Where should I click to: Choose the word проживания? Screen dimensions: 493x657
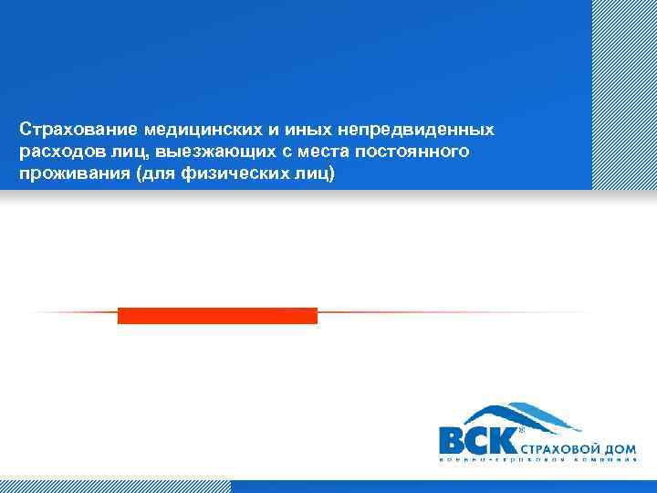[74, 173]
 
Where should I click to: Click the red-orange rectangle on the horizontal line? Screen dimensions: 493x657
[217, 315]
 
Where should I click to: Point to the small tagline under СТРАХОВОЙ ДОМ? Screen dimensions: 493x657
[538, 460]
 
